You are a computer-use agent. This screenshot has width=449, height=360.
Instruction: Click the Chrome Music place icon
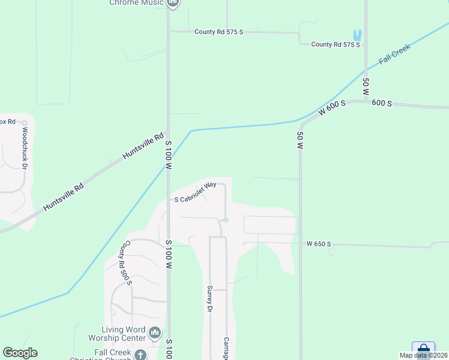[x=173, y=3]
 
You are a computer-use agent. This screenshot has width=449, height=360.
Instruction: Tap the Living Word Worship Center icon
[x=155, y=332]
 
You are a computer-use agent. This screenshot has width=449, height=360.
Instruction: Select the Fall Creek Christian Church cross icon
[x=140, y=355]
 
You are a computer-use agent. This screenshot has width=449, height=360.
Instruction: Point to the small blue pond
[x=358, y=35]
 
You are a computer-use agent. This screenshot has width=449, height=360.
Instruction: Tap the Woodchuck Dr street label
[x=25, y=147]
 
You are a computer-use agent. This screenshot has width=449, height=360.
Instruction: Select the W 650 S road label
[x=318, y=244]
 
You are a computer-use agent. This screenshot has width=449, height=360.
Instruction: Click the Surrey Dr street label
[x=210, y=299]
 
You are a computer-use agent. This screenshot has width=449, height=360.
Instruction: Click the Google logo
[x=20, y=353]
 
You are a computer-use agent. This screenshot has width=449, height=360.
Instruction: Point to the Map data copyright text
[x=423, y=355]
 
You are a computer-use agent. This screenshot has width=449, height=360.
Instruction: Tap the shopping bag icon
[x=423, y=349]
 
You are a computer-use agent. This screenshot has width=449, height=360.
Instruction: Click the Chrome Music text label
[x=137, y=3]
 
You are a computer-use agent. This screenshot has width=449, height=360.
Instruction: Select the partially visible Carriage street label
[x=227, y=348]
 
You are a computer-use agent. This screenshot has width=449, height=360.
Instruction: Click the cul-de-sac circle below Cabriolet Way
[x=226, y=220]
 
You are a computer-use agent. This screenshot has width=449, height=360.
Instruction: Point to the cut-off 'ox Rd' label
[x=7, y=121]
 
